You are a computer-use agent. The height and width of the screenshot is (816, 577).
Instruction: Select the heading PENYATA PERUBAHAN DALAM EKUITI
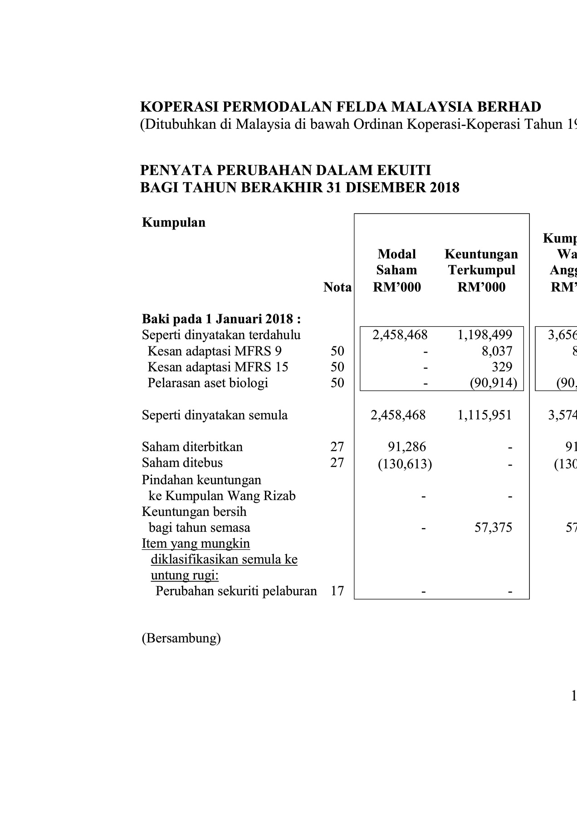285,170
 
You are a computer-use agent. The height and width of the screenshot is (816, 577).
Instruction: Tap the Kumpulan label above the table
174,223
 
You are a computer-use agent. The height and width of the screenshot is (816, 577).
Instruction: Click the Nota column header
337,287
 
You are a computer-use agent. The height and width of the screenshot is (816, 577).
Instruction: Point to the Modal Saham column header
396,270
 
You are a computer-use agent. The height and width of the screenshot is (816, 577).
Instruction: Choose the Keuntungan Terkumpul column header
481,270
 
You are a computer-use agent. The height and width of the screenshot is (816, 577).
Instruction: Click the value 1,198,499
484,335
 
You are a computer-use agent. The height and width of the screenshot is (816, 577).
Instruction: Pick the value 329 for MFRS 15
502,367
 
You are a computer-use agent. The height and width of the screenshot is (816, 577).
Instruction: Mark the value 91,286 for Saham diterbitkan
407,447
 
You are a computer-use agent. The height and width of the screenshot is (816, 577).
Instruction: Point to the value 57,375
493,527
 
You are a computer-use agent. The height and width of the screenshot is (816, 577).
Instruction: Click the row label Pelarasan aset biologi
208,383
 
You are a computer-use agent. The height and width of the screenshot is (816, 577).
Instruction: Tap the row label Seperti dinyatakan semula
215,415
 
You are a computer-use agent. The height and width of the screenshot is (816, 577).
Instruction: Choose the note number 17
337,591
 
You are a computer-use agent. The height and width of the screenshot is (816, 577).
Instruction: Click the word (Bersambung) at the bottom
181,638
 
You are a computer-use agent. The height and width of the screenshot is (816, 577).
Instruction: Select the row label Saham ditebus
182,463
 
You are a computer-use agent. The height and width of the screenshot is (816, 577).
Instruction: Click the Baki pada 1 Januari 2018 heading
221,319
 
